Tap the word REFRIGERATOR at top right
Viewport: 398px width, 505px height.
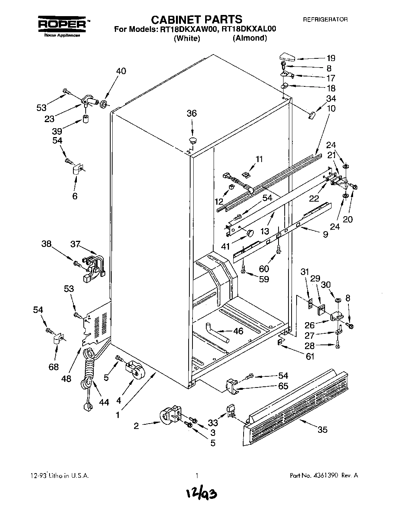pyautogui.click(x=325, y=20)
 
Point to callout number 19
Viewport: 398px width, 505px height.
pyautogui.click(x=331, y=58)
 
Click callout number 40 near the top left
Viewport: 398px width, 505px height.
pyautogui.click(x=121, y=71)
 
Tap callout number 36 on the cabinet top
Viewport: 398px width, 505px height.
pyautogui.click(x=191, y=113)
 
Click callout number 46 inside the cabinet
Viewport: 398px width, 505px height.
pyautogui.click(x=238, y=331)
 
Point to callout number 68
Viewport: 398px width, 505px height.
pyautogui.click(x=54, y=367)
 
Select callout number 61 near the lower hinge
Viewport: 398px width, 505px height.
pyautogui.click(x=310, y=357)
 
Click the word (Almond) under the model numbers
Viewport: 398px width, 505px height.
pyautogui.click(x=249, y=38)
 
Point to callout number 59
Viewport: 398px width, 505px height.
pyautogui.click(x=264, y=279)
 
